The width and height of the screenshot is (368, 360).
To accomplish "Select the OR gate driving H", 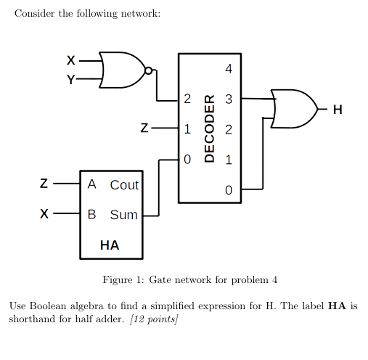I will click(x=294, y=109).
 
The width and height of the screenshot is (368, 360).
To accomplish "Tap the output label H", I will click(x=336, y=110).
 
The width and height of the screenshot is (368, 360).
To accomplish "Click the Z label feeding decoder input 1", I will click(x=144, y=129).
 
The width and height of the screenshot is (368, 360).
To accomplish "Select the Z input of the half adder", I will click(x=44, y=184).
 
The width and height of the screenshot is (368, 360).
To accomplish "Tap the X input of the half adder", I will click(x=44, y=215).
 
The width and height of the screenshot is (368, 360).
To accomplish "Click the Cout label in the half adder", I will click(x=124, y=185).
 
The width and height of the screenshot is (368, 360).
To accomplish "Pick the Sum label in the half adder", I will click(x=123, y=215).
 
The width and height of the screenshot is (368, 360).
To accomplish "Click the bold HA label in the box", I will click(x=110, y=245).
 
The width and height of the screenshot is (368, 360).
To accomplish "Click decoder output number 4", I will click(x=229, y=70).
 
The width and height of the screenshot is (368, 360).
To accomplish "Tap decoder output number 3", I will click(x=229, y=99).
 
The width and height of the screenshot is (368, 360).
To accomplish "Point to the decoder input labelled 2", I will click(x=187, y=99).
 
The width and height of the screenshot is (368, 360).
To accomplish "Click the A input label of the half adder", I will click(x=92, y=184).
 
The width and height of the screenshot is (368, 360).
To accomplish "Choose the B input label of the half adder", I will click(x=92, y=215).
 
